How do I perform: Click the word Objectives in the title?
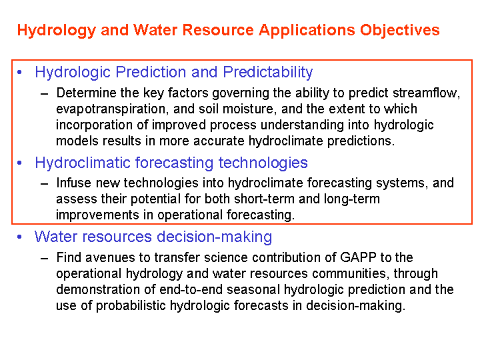point(400,30)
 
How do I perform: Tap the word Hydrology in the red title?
point(57,31)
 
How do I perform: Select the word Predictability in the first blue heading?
point(268,73)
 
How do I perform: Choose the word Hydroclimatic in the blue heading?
point(83,163)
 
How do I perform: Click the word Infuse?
point(73,183)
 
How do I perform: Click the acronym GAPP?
point(358,257)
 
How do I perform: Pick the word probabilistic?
point(131,305)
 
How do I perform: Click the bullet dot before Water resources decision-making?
point(19,237)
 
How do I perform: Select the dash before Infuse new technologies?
point(45,184)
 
